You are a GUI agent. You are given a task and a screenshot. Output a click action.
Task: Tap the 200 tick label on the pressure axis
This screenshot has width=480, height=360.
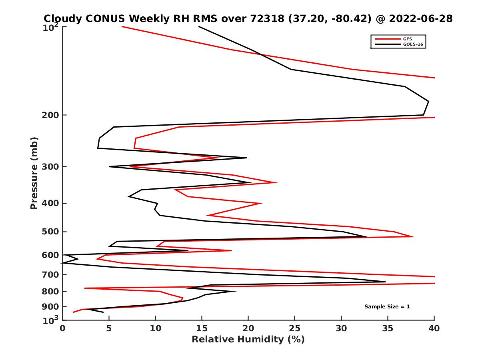(50, 115)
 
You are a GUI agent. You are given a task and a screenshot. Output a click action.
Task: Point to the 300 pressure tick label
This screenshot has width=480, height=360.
(50, 166)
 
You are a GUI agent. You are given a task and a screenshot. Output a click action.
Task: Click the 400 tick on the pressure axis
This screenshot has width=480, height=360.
(50, 203)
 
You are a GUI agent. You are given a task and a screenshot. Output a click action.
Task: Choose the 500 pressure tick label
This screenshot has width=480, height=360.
(50, 232)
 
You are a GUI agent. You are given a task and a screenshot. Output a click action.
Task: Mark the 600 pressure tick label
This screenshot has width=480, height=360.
(50, 255)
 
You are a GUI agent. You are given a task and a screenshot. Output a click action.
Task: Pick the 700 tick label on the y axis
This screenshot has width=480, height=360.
(50, 274)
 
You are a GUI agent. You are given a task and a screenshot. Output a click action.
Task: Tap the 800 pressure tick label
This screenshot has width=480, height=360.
(50, 291)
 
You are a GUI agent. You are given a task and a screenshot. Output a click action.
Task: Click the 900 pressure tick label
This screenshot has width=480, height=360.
(50, 306)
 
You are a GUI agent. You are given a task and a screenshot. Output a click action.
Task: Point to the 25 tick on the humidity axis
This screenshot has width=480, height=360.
(295, 328)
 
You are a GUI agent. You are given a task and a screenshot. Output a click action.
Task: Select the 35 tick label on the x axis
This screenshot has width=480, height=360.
(388, 328)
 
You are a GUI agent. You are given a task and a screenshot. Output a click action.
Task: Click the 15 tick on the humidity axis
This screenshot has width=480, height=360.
(202, 328)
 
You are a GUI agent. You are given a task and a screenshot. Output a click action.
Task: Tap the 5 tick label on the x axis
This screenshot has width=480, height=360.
(109, 328)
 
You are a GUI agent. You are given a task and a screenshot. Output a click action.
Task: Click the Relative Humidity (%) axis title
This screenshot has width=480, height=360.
(248, 340)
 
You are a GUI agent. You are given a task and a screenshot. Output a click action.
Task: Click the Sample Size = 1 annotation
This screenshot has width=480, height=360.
(387, 307)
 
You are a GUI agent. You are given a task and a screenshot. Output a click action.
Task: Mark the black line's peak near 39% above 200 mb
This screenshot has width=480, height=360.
(428, 101)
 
